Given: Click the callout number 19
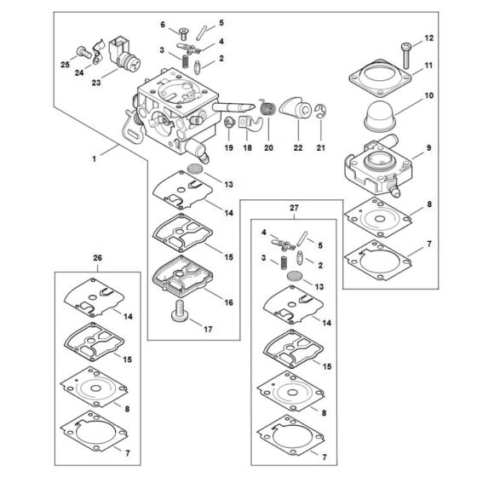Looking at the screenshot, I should (227, 147).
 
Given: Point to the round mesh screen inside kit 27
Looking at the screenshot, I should (293, 277).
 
